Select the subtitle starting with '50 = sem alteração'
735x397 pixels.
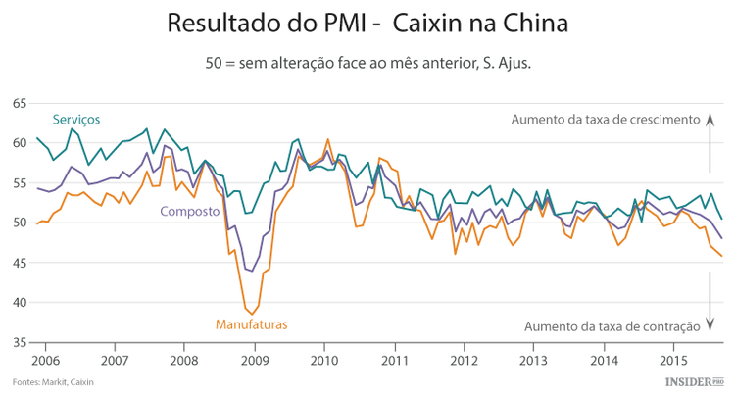(367, 62)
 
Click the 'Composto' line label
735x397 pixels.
(189, 211)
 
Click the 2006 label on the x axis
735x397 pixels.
(45, 359)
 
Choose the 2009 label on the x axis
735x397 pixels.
(255, 359)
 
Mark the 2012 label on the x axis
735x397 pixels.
(464, 359)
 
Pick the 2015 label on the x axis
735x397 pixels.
(673, 359)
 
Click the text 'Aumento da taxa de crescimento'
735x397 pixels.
(606, 120)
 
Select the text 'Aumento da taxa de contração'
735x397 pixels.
(612, 326)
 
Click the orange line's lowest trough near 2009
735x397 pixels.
(250, 314)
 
